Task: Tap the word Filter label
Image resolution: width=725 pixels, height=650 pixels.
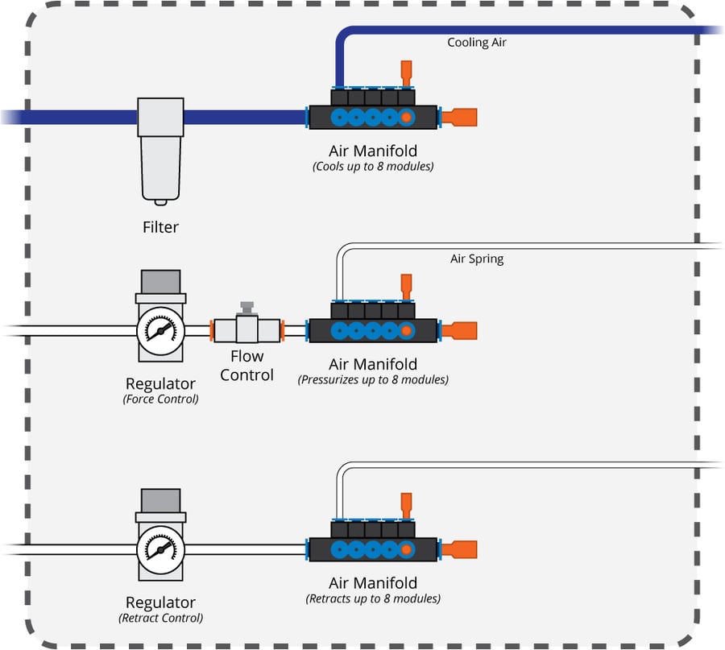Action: click(x=160, y=227)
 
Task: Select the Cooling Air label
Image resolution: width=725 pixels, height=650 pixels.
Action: click(x=477, y=42)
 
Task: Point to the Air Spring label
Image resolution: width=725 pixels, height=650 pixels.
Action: click(x=477, y=259)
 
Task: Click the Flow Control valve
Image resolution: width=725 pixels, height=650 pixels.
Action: click(x=246, y=328)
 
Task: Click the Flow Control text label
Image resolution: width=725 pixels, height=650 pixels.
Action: click(x=246, y=366)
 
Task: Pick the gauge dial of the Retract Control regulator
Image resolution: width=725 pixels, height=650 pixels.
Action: click(x=161, y=549)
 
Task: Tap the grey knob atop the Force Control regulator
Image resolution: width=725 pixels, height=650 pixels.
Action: click(x=161, y=282)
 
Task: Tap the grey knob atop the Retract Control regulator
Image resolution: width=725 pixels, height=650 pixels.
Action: click(x=161, y=500)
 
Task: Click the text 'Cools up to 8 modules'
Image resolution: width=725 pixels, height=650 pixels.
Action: click(x=373, y=168)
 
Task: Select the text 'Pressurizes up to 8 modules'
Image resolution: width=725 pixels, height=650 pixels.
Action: click(x=373, y=379)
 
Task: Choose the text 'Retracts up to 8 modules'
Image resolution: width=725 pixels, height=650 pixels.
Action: click(x=373, y=598)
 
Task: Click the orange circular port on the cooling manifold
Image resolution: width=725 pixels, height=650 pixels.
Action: click(x=407, y=118)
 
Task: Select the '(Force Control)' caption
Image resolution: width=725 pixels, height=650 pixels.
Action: click(x=161, y=399)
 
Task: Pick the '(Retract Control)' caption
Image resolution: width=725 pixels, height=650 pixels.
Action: click(x=161, y=618)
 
